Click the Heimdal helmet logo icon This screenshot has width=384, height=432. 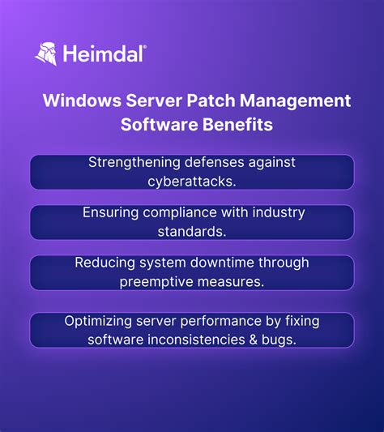tap(45, 53)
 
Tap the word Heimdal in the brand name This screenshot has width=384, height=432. tap(105, 54)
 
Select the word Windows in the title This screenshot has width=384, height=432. tap(79, 101)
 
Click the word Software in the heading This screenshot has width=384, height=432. tap(153, 126)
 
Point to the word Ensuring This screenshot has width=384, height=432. tap(110, 212)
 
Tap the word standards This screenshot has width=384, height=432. tap(192, 231)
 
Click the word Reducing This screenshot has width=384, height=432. tap(103, 263)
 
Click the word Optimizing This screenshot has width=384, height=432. tap(97, 321)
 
